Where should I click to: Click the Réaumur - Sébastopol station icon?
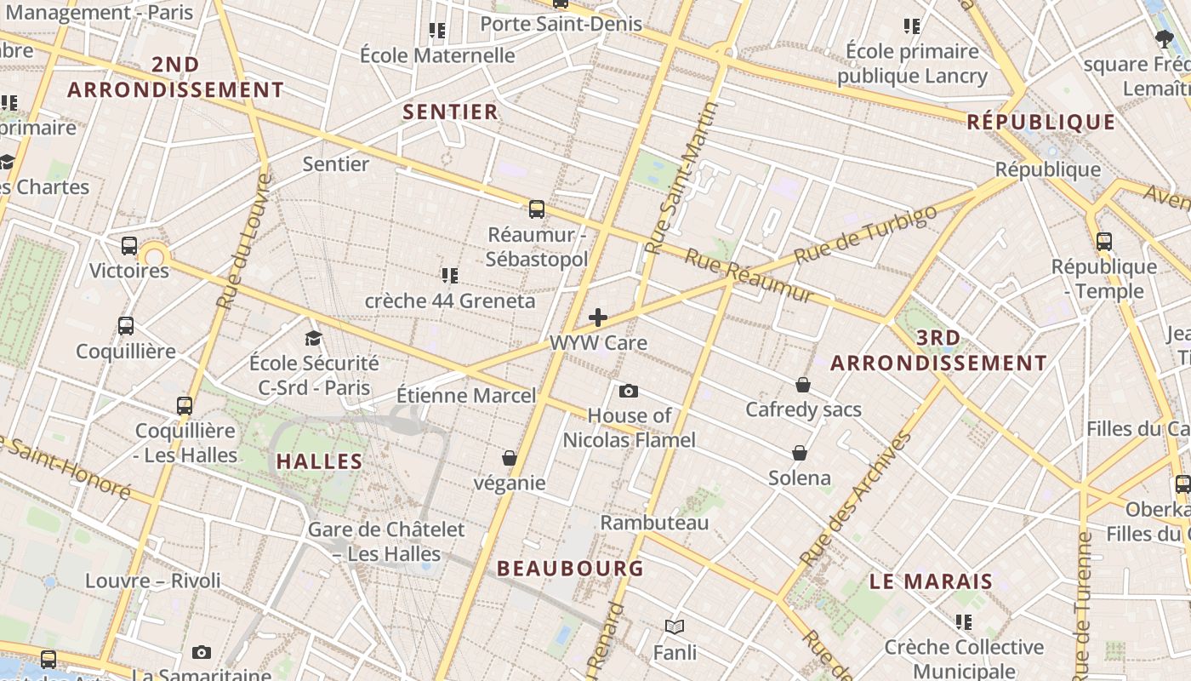536,209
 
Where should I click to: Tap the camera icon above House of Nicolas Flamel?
629,391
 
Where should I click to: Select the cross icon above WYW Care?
598,318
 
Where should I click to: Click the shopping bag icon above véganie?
510,458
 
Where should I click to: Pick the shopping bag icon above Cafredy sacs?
802,385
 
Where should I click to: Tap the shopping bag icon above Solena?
800,452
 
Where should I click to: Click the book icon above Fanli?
675,627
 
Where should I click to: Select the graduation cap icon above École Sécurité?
313,338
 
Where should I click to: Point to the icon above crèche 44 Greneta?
450,275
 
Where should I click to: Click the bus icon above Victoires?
129,245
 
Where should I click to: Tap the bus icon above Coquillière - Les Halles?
185,405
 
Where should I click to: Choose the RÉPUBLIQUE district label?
1041,122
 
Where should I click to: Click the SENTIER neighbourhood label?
450,112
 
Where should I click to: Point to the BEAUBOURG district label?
570,568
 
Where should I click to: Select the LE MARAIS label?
931,581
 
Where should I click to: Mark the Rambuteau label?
654,522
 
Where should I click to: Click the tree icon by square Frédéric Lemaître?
1165,37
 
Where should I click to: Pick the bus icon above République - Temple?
1104,241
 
